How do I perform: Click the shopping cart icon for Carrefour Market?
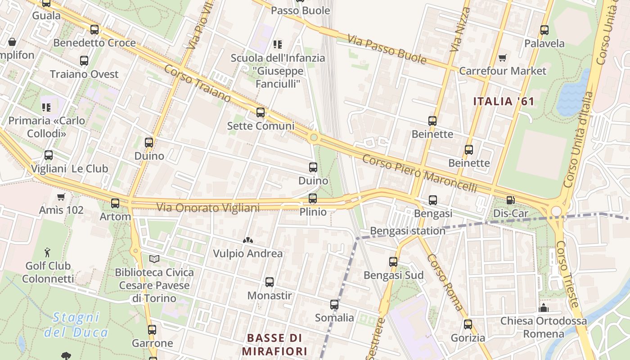pos(502,58)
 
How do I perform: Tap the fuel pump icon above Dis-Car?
pos(510,200)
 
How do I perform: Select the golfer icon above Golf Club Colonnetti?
pos(48,252)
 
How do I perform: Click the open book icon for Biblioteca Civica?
pos(154,259)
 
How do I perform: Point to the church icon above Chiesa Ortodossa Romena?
pos(544,308)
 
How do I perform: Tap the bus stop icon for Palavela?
pos(544,30)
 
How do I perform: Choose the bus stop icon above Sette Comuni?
pos(261,112)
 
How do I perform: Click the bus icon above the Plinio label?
pos(313,198)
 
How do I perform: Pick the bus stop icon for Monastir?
pos(270,283)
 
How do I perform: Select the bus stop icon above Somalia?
pos(334,305)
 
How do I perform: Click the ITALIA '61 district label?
pos(504,101)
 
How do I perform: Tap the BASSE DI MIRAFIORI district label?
pos(274,344)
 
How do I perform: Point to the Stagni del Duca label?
pos(76,325)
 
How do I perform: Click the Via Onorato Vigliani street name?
pos(208,207)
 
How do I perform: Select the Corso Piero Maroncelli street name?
pos(419,173)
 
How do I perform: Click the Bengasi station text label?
pos(407,231)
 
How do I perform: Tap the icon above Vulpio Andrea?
pos(247,240)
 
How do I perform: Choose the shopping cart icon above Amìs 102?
pos(61,197)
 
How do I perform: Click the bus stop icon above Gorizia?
pos(468,324)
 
